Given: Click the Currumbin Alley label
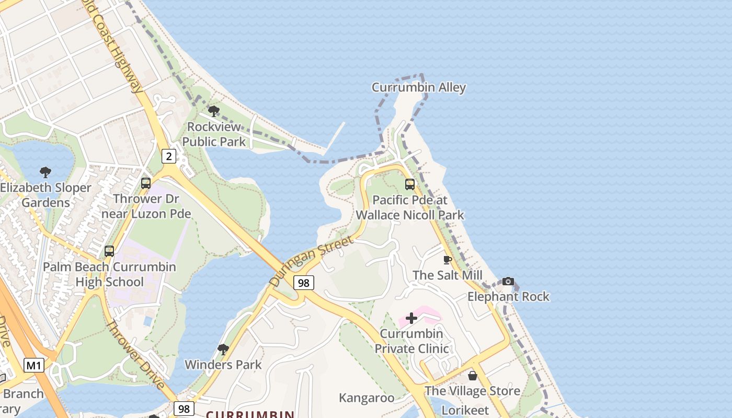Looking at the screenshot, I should [x=418, y=87].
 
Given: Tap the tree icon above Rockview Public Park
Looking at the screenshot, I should [x=213, y=111].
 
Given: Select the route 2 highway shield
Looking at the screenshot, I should [x=168, y=156].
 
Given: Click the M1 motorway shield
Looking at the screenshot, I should [x=33, y=365].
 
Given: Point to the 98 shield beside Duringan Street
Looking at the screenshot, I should [x=303, y=283].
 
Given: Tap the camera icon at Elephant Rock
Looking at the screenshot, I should [x=508, y=281].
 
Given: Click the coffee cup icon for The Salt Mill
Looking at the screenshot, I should [x=448, y=260].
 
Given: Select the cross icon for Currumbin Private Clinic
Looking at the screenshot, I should [x=411, y=318].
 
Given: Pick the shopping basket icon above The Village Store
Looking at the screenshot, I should [x=473, y=376].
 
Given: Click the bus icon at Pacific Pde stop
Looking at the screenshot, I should [x=410, y=184].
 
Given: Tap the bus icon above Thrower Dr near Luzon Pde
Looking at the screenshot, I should [x=146, y=183].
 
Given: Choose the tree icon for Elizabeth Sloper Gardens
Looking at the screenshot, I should [x=45, y=172].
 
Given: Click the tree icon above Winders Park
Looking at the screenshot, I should [x=223, y=349].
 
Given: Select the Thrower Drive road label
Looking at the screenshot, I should [x=136, y=355].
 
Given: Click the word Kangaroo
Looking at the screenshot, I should [x=367, y=398].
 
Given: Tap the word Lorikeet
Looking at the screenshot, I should [x=465, y=411].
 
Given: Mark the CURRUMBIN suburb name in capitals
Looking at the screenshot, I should [x=250, y=414].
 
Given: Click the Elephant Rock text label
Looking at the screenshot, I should [x=508, y=297].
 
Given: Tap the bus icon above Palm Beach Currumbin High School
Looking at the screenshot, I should [x=109, y=251].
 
